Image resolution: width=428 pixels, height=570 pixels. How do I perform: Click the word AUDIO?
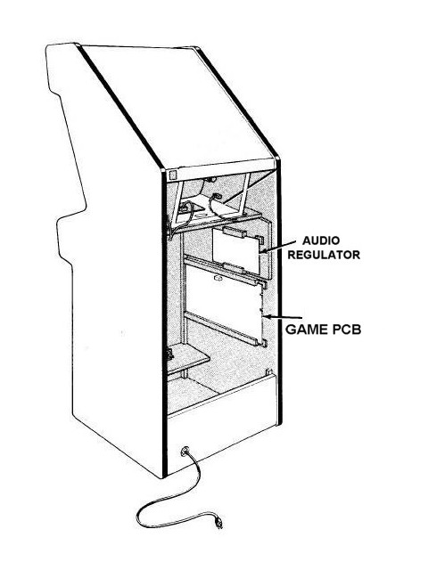(321, 240)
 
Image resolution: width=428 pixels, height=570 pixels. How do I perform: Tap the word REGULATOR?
(324, 255)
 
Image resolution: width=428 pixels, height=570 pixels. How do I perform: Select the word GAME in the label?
(307, 330)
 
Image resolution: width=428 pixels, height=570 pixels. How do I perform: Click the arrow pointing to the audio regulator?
(277, 246)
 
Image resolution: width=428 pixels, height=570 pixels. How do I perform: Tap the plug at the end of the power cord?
(218, 523)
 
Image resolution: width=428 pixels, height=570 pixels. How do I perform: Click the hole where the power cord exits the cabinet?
(185, 452)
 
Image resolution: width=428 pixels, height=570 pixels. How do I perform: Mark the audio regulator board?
(235, 251)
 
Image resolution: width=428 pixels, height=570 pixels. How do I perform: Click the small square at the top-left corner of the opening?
(172, 175)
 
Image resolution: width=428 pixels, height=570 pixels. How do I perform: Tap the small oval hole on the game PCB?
(218, 278)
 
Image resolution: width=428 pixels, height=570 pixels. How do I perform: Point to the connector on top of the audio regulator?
(235, 232)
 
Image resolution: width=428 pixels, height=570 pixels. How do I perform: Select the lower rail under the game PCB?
(226, 329)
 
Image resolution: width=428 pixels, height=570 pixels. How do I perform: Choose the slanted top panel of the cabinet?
(178, 107)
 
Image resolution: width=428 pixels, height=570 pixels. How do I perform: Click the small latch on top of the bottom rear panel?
(269, 372)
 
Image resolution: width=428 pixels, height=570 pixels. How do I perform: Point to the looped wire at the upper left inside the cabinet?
(187, 213)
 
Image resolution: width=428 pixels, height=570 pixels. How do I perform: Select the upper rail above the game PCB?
(226, 269)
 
